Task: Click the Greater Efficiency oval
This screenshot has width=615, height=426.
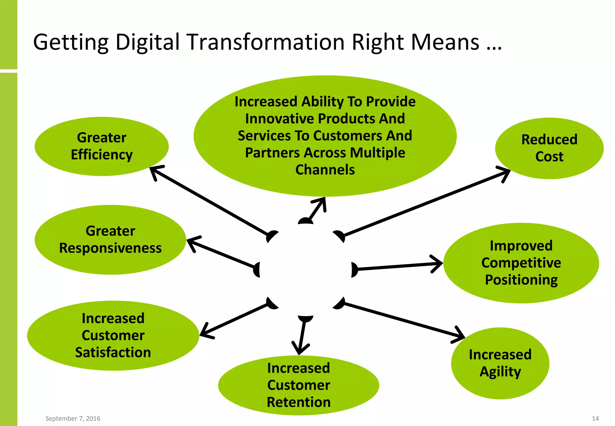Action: [101, 146]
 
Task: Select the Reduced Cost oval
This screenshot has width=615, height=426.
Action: [549, 148]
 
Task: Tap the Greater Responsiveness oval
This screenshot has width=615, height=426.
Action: [110, 239]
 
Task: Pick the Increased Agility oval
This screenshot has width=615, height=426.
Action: [500, 363]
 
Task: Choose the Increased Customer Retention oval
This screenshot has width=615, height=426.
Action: [298, 385]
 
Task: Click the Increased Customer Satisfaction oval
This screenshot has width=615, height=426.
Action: [113, 335]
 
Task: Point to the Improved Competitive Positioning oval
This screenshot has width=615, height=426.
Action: [521, 263]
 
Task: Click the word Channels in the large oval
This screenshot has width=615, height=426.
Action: [325, 170]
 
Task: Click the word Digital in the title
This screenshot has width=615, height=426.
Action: [147, 42]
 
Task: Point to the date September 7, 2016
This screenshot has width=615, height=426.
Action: [73, 418]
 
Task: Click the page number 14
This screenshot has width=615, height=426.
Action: [595, 418]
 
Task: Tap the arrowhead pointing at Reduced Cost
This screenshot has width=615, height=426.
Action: [505, 173]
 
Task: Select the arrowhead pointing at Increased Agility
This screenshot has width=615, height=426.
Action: [459, 335]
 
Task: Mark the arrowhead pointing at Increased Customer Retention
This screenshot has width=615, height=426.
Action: [300, 349]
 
